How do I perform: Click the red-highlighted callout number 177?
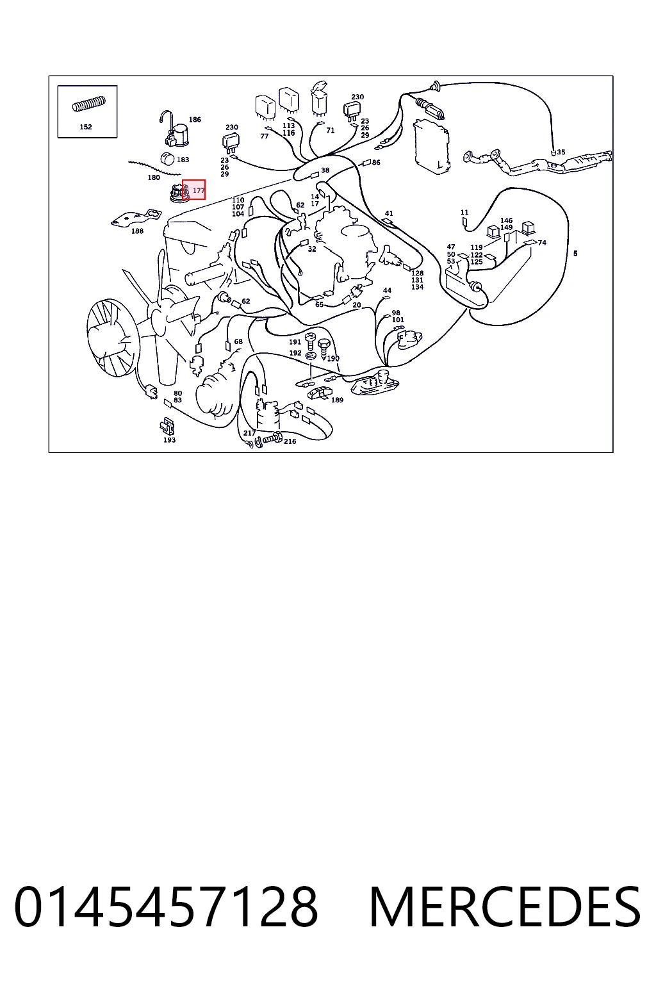pyautogui.click(x=199, y=190)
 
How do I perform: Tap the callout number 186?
pyautogui.click(x=195, y=120)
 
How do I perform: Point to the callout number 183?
pyautogui.click(x=183, y=160)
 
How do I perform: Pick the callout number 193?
pyautogui.click(x=169, y=439)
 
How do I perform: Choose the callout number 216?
pyautogui.click(x=290, y=441)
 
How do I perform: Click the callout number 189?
pyautogui.click(x=337, y=400)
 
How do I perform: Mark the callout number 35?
pyautogui.click(x=561, y=152)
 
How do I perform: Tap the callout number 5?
pyautogui.click(x=575, y=254)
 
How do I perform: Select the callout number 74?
pyautogui.click(x=542, y=243)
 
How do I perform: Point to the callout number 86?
pyautogui.click(x=376, y=162)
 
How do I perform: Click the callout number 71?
pyautogui.click(x=331, y=131)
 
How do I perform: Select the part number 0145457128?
pyautogui.click(x=166, y=906)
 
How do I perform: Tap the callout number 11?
pyautogui.click(x=464, y=212)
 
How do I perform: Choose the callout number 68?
pyautogui.click(x=238, y=341)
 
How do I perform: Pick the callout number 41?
pyautogui.click(x=389, y=213)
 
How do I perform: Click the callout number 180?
pyautogui.click(x=154, y=177)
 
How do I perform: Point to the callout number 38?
pyautogui.click(x=325, y=170)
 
